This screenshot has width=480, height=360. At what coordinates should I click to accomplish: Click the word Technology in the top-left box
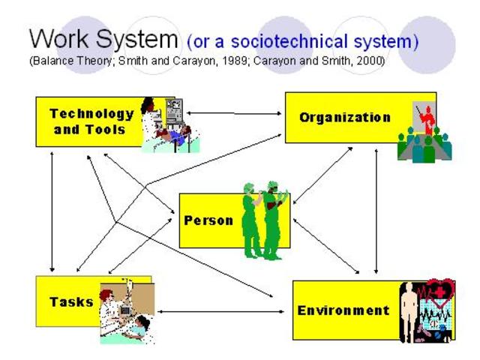91,114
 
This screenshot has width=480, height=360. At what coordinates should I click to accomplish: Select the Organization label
345,117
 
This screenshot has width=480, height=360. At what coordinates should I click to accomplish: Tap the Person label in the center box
208,221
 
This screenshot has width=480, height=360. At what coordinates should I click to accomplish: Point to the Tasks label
71,302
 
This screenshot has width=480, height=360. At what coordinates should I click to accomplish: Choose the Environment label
343,310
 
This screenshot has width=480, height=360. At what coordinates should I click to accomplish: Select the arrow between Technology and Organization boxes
232,113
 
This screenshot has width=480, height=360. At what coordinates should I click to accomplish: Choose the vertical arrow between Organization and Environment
376,210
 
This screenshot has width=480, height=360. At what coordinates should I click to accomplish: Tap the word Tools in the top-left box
105,129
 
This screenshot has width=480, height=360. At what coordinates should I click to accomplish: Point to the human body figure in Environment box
409,307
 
